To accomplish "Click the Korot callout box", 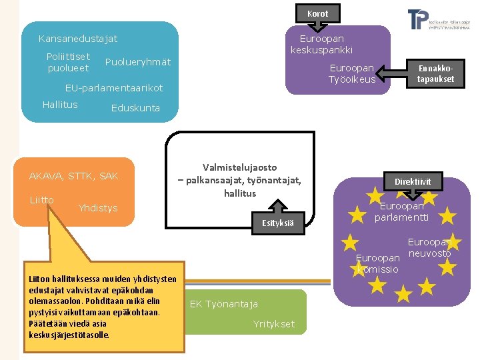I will (317, 13).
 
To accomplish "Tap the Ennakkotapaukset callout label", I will (435, 73).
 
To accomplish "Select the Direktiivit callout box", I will (413, 181).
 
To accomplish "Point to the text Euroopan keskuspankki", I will (321, 45).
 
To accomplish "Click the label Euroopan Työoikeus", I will (351, 74).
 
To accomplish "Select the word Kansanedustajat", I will (78, 39).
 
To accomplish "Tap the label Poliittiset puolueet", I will (68, 62).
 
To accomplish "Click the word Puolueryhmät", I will (138, 62).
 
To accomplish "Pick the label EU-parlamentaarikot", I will (113, 88).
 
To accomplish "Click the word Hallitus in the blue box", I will (60, 105).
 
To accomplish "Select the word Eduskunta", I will (135, 108).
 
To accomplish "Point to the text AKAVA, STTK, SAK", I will (73, 176).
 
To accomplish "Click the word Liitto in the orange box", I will (41, 200).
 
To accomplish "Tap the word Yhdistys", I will (97, 208).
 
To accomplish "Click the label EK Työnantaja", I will (223, 305).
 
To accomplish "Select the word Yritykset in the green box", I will (273, 325).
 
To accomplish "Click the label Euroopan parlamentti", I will (401, 212).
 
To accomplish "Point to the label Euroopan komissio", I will (377, 263).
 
